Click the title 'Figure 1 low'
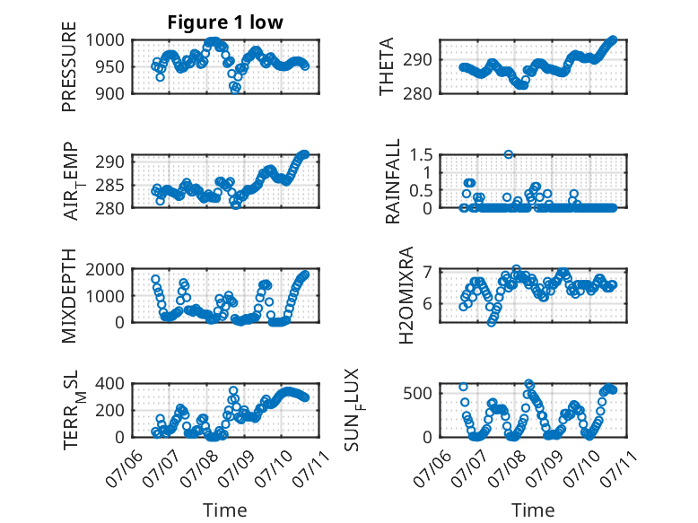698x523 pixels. tap(225, 22)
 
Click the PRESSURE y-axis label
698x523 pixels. tap(69, 66)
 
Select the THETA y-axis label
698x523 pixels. tap(387, 66)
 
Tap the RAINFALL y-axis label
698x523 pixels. tap(393, 181)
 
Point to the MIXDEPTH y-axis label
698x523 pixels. tap(69, 296)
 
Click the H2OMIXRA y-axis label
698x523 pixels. tap(406, 295)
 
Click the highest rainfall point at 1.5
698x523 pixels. tap(509, 154)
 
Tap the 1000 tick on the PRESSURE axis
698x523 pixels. tap(105, 40)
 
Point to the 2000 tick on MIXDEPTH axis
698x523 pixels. tap(105, 269)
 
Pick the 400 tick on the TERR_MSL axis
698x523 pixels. tap(109, 383)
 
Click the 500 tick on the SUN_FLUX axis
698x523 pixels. tap(417, 393)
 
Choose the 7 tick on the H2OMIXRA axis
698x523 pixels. tap(428, 271)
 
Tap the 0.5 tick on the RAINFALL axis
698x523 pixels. tap(421, 190)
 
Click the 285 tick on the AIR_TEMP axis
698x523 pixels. tap(109, 185)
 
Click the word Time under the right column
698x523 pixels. tap(533, 510)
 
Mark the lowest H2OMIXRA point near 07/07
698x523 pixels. tap(492, 322)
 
